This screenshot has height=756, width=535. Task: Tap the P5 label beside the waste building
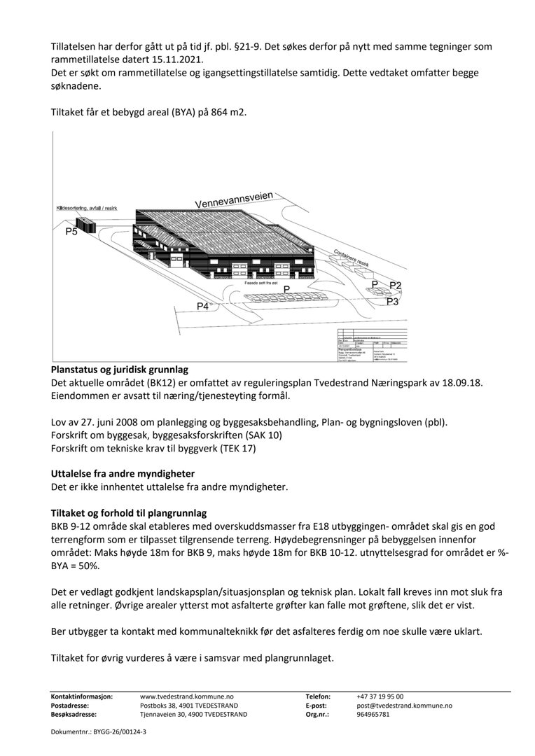(71, 232)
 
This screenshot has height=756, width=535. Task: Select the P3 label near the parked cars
(392, 302)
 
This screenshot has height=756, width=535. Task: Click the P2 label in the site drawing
(395, 285)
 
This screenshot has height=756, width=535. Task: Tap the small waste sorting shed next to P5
(86, 225)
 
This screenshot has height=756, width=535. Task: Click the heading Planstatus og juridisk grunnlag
(119, 370)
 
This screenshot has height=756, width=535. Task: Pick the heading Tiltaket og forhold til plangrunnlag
(129, 513)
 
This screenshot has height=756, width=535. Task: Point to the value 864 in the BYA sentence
(210, 113)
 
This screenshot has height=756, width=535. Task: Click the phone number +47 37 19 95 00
(380, 696)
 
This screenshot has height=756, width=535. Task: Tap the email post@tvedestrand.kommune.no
(404, 706)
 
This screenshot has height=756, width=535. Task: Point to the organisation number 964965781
(373, 715)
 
